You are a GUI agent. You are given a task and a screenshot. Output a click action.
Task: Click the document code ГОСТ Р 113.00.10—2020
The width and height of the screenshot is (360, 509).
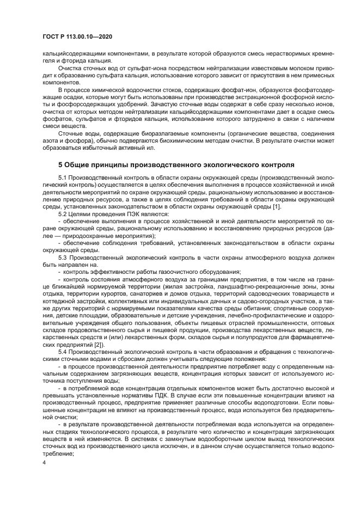[x=77, y=37]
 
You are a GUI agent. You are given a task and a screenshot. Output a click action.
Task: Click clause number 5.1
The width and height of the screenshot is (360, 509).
[x=64, y=178]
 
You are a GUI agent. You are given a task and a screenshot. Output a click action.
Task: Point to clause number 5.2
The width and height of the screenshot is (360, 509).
[x=64, y=213]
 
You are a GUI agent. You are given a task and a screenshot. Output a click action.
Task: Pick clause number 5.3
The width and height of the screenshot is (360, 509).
[x=64, y=256]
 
